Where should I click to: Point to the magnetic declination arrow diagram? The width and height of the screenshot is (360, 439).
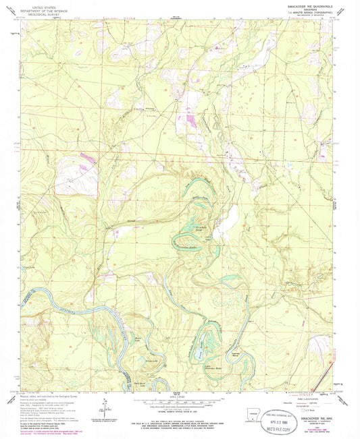coord(101,405)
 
